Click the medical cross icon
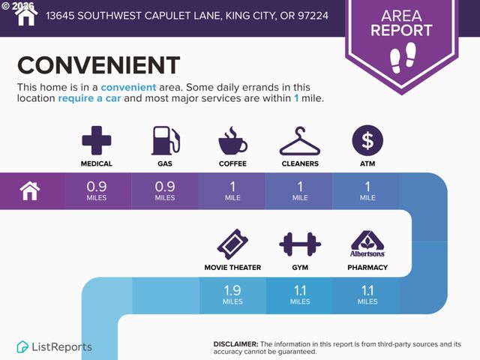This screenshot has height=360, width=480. [97, 140]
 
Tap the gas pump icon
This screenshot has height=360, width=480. [166, 140]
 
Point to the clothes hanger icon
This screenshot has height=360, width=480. [300, 141]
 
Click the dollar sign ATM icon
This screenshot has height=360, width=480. [367, 140]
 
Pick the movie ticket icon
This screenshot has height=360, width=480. [232, 244]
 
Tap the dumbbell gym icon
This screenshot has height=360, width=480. [300, 244]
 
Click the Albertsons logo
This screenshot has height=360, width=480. [367, 244]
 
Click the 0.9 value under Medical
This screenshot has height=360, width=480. [97, 187]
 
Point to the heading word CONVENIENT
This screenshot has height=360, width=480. [98, 65]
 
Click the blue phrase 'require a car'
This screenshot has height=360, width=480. [89, 98]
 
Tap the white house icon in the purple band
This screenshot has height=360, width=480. [30, 191]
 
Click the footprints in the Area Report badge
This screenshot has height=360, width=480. [403, 58]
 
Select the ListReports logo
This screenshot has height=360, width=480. [54, 346]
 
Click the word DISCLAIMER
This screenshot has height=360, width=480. [235, 344]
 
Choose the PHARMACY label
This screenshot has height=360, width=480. [367, 268]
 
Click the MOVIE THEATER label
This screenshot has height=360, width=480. [232, 268]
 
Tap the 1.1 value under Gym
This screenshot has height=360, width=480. [300, 290]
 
